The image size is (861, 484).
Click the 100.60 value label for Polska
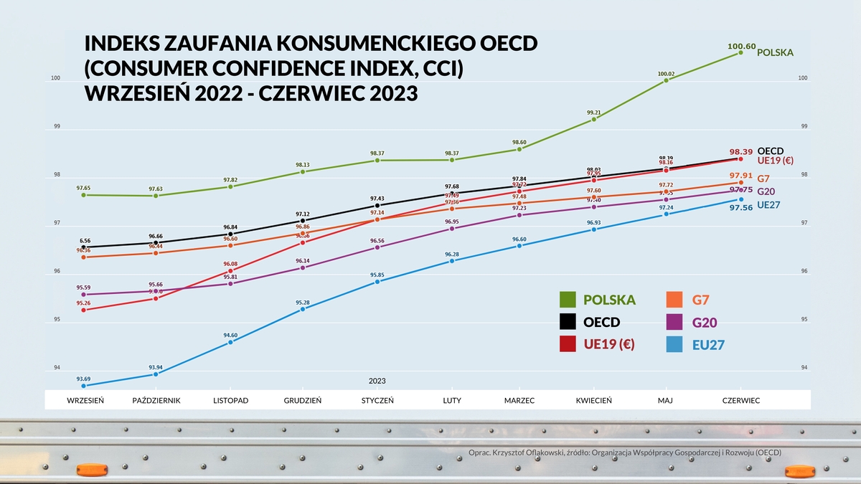coord(740,47)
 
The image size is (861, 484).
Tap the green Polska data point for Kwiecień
coord(593,119)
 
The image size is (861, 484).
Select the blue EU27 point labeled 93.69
coord(84,386)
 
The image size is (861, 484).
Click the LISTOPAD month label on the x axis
coord(230,400)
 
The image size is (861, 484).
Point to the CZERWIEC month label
coord(741,400)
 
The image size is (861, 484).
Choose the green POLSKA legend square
coord(568,300)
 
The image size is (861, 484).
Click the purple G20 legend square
coord(674,323)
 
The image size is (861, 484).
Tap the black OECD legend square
coord(568,323)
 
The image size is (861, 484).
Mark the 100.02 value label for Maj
coord(667,74)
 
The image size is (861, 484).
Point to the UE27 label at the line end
coord(769,204)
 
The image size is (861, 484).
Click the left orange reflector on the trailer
coord(91,470)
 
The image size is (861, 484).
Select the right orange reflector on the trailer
coord(799,471)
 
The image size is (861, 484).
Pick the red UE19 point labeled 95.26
coord(84,310)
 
